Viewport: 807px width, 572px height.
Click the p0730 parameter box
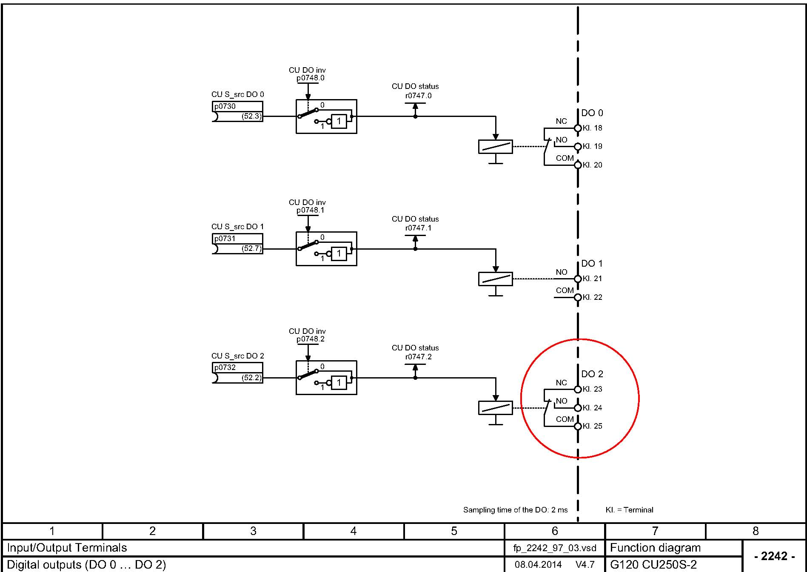click(x=237, y=111)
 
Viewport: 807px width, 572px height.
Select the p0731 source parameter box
click(x=237, y=244)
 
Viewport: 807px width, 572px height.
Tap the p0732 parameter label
click(x=225, y=367)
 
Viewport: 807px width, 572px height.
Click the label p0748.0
click(x=311, y=78)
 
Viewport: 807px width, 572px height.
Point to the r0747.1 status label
click(x=418, y=228)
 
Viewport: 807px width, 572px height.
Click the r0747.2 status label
click(x=418, y=357)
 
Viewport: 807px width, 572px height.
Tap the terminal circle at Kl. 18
click(x=578, y=128)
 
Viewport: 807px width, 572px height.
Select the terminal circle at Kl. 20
click(x=578, y=165)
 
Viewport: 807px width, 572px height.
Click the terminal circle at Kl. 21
click(x=578, y=279)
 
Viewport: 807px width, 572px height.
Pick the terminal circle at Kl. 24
click(x=578, y=408)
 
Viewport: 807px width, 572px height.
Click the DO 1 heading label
click(x=592, y=264)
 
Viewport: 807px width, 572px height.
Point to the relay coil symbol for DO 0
click(x=496, y=147)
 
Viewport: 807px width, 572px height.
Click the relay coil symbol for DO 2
click(x=496, y=408)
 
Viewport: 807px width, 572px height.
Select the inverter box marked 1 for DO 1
click(x=339, y=254)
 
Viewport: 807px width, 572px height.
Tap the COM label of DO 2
click(x=565, y=419)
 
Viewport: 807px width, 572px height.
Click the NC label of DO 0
click(x=562, y=121)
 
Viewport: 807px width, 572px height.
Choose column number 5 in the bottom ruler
click(x=454, y=531)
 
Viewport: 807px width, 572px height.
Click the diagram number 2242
click(x=775, y=556)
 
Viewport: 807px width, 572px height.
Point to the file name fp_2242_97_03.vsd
click(x=555, y=548)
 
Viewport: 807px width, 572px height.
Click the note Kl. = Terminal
click(x=630, y=510)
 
